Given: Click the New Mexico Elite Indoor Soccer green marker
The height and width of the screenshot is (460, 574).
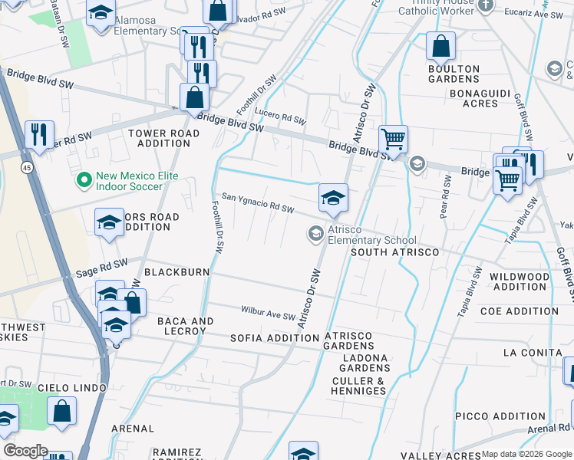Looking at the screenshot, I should (x=84, y=181).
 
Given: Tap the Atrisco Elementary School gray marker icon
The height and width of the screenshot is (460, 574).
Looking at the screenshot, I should (x=315, y=234).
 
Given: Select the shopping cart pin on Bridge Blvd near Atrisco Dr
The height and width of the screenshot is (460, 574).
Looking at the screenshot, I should (x=393, y=140).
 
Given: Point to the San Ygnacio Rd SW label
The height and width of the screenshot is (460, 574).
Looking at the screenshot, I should (x=258, y=203).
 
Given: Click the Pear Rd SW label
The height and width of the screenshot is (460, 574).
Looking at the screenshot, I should (x=447, y=197).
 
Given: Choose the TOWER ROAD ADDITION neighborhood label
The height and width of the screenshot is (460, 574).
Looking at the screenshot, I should (x=164, y=138).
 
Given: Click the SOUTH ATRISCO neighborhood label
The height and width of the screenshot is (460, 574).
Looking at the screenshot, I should (x=394, y=252).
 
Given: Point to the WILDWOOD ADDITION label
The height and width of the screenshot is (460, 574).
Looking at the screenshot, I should (x=520, y=281).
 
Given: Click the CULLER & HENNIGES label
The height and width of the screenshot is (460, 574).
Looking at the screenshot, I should (x=358, y=386).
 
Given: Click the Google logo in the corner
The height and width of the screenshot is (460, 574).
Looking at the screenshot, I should (x=25, y=450).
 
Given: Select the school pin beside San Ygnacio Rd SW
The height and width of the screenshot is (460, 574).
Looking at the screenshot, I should (x=333, y=198).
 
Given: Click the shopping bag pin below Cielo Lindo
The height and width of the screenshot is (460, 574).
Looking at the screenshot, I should (x=61, y=411).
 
